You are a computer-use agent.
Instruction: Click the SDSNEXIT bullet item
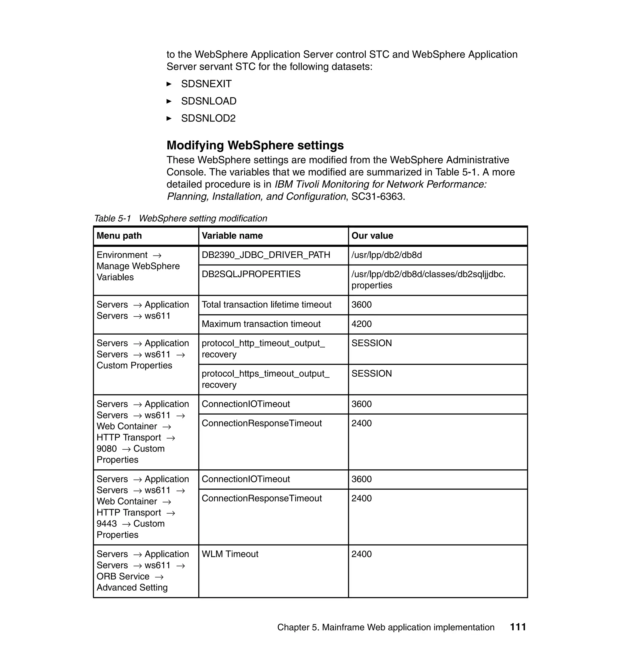tap(206, 84)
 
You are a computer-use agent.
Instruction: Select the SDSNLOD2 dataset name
tap(208, 118)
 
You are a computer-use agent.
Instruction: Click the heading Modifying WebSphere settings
tap(255, 145)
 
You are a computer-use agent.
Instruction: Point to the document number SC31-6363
tap(378, 196)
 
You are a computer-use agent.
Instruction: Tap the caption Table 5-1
tap(112, 218)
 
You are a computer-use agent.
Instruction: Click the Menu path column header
tap(119, 236)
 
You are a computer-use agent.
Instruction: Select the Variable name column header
tap(232, 236)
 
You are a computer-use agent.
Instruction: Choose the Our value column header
tap(372, 236)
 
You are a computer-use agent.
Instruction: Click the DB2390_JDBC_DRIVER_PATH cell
tap(266, 255)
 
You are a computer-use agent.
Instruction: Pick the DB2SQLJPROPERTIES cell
tap(251, 274)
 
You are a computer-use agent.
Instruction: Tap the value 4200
tap(361, 324)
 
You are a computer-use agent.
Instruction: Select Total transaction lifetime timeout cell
tap(266, 305)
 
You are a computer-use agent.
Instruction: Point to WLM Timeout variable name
tap(230, 554)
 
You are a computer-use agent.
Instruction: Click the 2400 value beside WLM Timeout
tap(361, 554)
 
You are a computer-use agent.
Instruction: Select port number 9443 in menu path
tap(107, 524)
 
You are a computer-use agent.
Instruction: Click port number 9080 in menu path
tap(107, 449)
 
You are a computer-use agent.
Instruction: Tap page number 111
tap(518, 627)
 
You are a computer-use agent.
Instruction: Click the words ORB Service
tap(123, 577)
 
